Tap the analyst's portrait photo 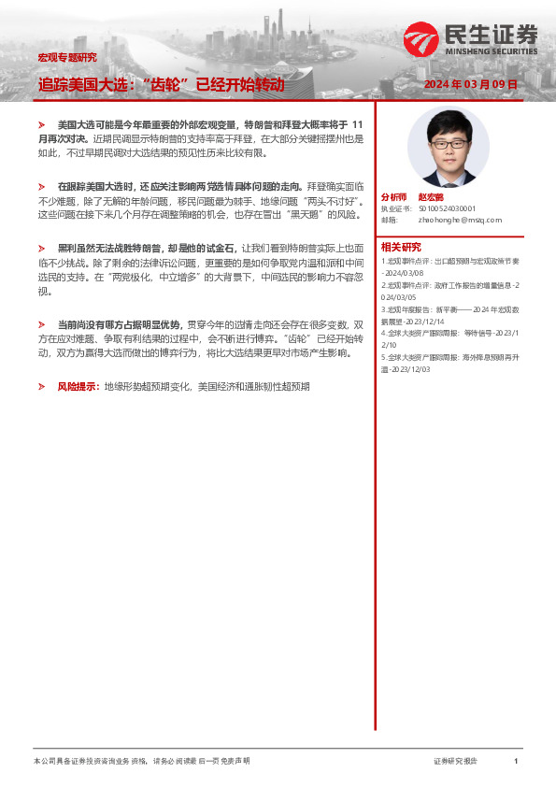[442, 149]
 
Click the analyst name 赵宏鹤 [431, 197]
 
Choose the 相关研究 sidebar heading [399, 247]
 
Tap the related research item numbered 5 [445, 362]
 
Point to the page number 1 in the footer [516, 762]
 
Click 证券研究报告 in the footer [455, 762]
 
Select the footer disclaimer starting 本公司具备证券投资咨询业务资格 [140, 762]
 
